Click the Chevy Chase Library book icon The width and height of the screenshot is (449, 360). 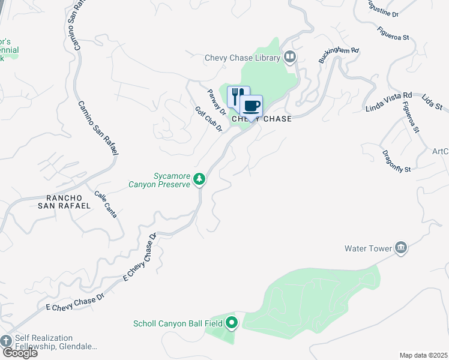291,58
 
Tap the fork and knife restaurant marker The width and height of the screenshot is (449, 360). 238,95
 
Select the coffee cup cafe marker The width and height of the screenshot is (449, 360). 252,105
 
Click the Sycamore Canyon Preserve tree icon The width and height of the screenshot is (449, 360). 199,178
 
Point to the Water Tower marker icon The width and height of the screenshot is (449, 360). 401,248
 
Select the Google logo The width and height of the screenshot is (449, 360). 19,353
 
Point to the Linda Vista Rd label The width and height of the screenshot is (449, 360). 389,102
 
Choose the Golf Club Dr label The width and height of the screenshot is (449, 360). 209,119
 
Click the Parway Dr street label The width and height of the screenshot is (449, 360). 217,103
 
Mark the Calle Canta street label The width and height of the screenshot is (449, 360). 106,204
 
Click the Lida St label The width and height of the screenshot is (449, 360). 432,102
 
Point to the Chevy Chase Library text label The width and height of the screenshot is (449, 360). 243,58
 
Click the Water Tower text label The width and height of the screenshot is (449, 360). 367,248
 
